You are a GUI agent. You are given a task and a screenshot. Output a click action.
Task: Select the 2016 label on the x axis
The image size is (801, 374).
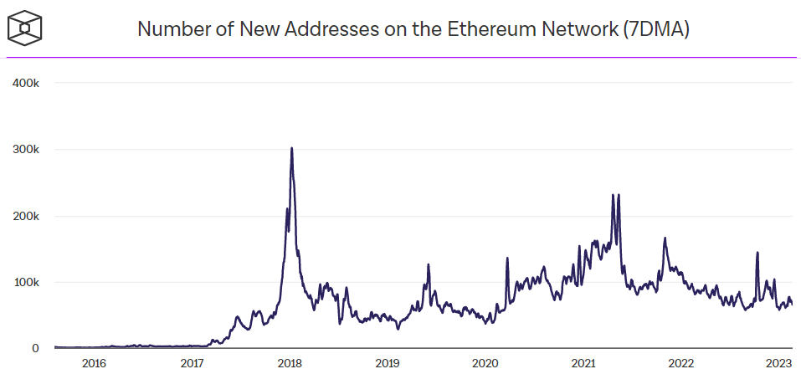(94, 363)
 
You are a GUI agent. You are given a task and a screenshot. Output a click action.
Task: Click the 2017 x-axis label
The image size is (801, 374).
(192, 363)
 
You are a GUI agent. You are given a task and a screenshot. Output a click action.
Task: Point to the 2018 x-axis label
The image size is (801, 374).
(290, 363)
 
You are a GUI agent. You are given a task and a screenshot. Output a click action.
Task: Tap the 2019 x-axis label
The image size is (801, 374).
(388, 363)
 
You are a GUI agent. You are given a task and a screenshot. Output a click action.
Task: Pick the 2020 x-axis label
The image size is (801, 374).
(485, 363)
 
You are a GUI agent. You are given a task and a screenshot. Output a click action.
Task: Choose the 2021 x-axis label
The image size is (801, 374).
(583, 363)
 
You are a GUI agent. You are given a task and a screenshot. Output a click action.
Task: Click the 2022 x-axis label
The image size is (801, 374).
(681, 363)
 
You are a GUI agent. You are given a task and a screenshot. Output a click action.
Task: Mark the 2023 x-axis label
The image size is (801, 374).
(779, 363)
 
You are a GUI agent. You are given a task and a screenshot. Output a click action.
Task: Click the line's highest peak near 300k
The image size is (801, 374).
(291, 149)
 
